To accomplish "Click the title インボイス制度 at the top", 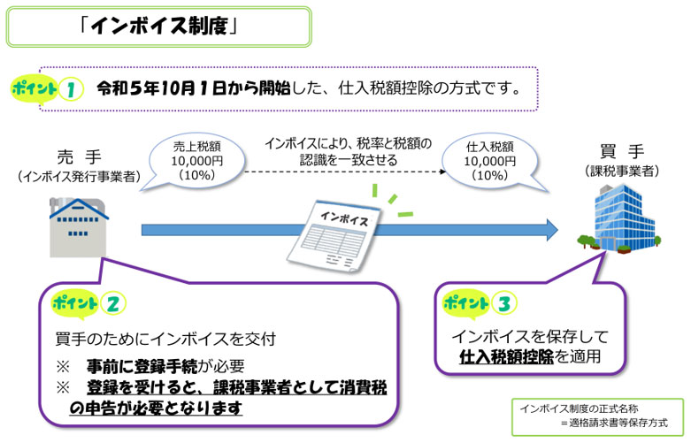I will [158, 27].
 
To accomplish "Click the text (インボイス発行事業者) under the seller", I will [79, 177].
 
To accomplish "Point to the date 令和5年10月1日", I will [165, 89].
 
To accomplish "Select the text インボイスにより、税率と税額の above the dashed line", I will [348, 142].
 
